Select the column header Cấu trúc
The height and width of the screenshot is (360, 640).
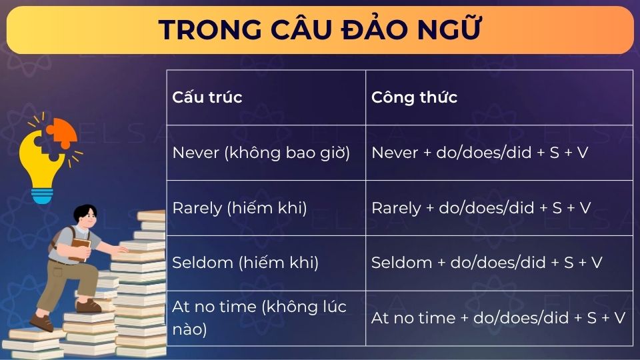point(207,97)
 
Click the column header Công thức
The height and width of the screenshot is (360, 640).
point(414,97)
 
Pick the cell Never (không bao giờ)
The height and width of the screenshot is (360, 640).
point(261,153)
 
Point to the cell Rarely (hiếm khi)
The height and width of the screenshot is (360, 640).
point(239,208)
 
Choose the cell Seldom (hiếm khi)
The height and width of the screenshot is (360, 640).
point(245,263)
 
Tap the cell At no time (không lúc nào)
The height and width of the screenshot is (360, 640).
point(259,318)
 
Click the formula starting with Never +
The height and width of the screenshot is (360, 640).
point(479,153)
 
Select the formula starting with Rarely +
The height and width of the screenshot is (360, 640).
point(481,208)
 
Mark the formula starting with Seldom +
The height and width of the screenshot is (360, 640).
point(487,263)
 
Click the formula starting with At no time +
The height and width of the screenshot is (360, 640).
point(498,318)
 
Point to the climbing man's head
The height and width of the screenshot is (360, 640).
point(87,217)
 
